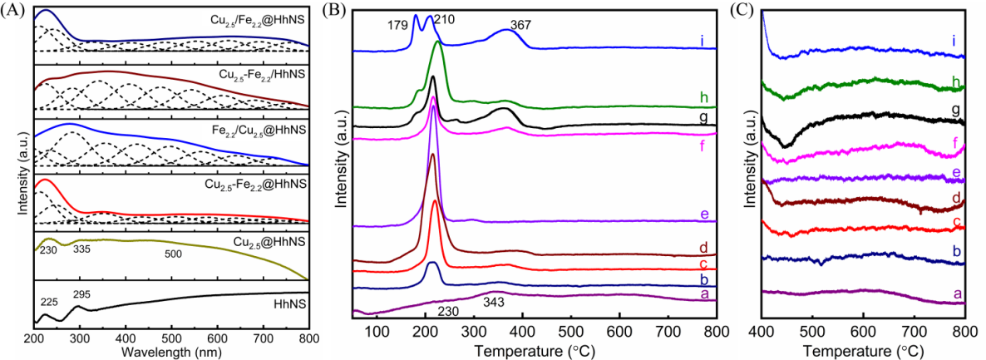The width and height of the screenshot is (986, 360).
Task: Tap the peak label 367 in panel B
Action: pyautogui.click(x=520, y=26)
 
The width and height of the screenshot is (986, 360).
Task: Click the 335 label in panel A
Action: pyautogui.click(x=81, y=248)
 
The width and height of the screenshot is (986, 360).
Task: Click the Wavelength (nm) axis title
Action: pyautogui.click(x=170, y=351)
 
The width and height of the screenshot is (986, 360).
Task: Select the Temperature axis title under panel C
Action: pyautogui.click(x=863, y=351)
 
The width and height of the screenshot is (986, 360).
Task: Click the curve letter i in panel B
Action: pyautogui.click(x=703, y=38)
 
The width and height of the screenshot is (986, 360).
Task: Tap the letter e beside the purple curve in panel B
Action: pyautogui.click(x=703, y=215)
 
